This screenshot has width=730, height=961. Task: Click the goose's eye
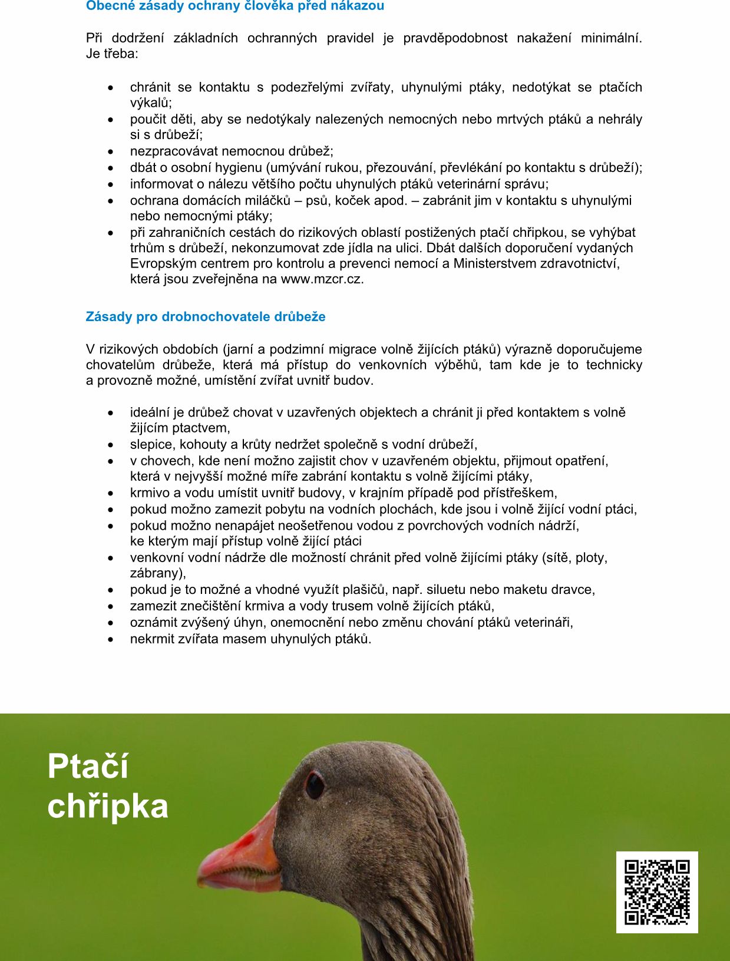tap(315, 785)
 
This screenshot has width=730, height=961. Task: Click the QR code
tap(657, 892)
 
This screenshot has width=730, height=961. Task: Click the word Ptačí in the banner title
tap(88, 767)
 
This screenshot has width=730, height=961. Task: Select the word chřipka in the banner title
tap(108, 807)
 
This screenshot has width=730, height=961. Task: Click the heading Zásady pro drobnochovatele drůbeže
tap(206, 316)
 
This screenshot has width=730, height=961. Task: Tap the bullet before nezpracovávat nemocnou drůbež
tap(111, 151)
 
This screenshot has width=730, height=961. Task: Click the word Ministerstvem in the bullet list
tap(493, 263)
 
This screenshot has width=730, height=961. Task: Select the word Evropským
tap(157, 263)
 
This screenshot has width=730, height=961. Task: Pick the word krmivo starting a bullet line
tap(150, 493)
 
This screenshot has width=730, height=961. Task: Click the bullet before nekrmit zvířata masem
tap(111, 639)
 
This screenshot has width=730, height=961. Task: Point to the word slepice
tap(152, 444)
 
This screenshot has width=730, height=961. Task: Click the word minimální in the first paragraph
tap(610, 38)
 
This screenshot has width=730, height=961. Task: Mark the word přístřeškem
tap(520, 493)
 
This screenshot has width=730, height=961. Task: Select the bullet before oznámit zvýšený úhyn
tap(111, 623)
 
